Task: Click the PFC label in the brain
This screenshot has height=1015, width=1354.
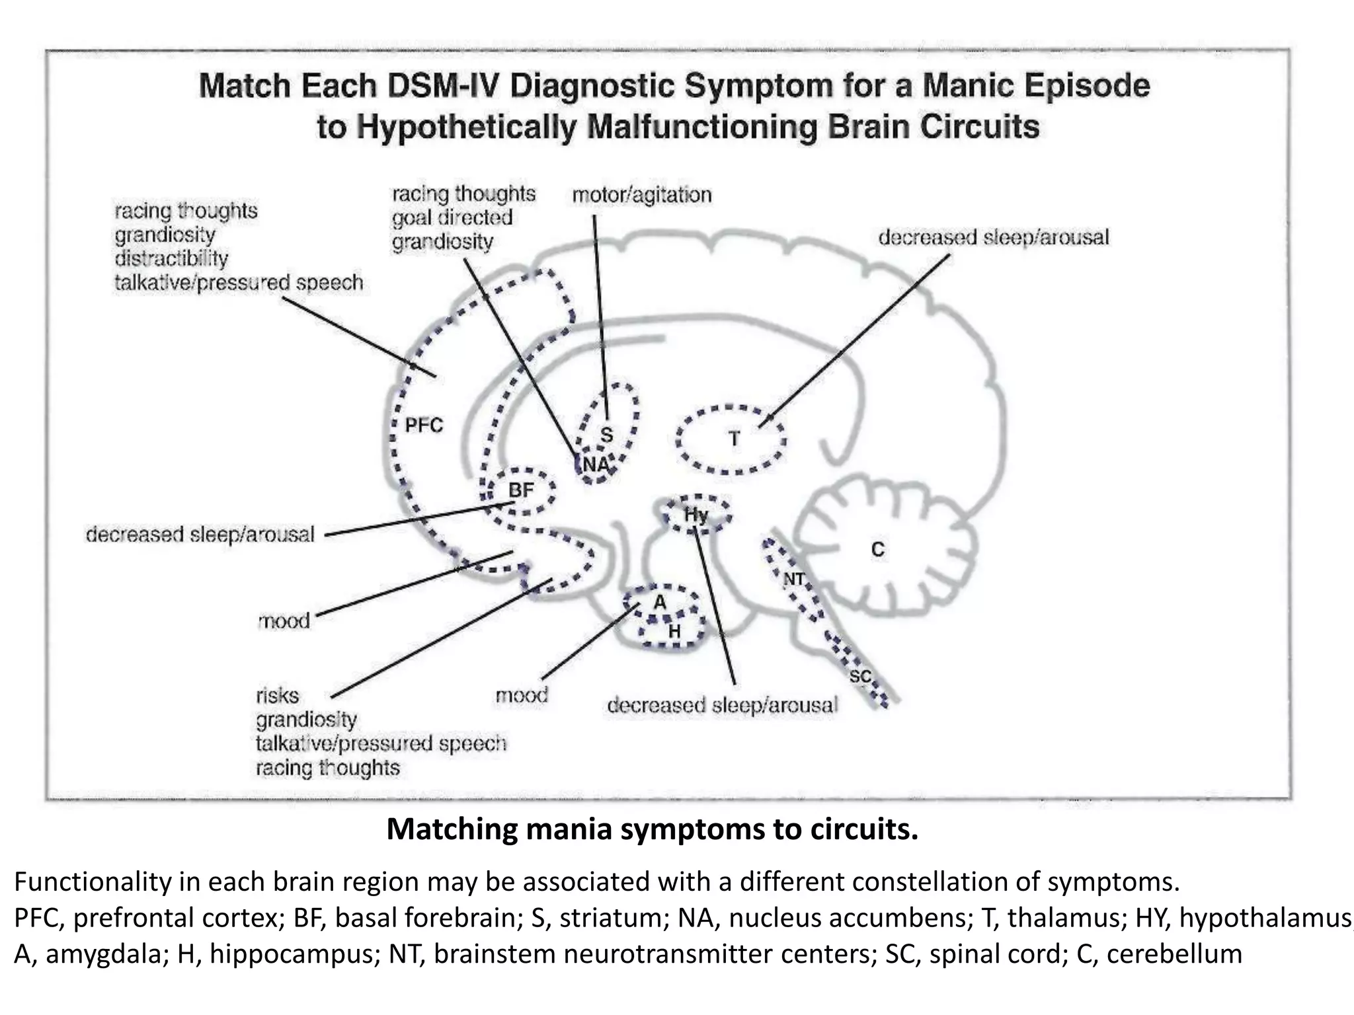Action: point(423,425)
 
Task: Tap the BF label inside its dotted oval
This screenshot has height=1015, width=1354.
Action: point(520,490)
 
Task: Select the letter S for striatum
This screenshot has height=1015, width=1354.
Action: point(606,435)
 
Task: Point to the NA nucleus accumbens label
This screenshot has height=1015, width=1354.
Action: point(595,465)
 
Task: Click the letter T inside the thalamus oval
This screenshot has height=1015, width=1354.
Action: point(734,438)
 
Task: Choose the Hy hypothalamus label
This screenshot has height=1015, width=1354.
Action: point(696,515)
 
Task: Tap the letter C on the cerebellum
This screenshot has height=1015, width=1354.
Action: point(877,549)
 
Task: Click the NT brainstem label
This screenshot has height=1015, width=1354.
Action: point(793,580)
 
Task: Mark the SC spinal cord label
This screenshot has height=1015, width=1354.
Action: point(860,676)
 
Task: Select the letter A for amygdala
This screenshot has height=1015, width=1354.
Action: point(659,602)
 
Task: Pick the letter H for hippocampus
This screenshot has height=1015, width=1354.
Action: point(674,632)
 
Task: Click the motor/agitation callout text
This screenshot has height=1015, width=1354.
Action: point(641,195)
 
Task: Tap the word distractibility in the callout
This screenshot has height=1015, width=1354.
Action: point(171,258)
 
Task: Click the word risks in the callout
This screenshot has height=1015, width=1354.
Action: point(277,696)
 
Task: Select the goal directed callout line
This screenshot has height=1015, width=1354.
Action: point(452,217)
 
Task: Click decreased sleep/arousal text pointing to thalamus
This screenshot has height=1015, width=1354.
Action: point(993,237)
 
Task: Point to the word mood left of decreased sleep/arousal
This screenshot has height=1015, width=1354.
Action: point(522,695)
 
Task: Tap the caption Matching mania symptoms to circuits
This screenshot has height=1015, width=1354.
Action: point(652,829)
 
